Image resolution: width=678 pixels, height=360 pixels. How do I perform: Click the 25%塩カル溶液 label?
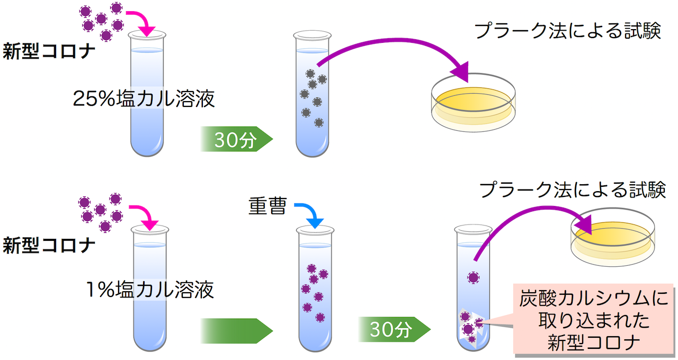tap(144, 99)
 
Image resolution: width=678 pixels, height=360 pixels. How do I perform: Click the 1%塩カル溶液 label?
tap(150, 290)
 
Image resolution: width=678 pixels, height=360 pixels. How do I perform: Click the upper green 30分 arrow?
tap(236, 140)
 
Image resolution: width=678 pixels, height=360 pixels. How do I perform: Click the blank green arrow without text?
tap(236, 331)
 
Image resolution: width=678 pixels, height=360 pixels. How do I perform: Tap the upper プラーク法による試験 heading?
tap(567, 31)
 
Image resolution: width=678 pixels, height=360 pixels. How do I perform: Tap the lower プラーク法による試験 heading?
tap(572, 190)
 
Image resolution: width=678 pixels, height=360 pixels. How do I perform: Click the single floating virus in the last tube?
tap(473, 276)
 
